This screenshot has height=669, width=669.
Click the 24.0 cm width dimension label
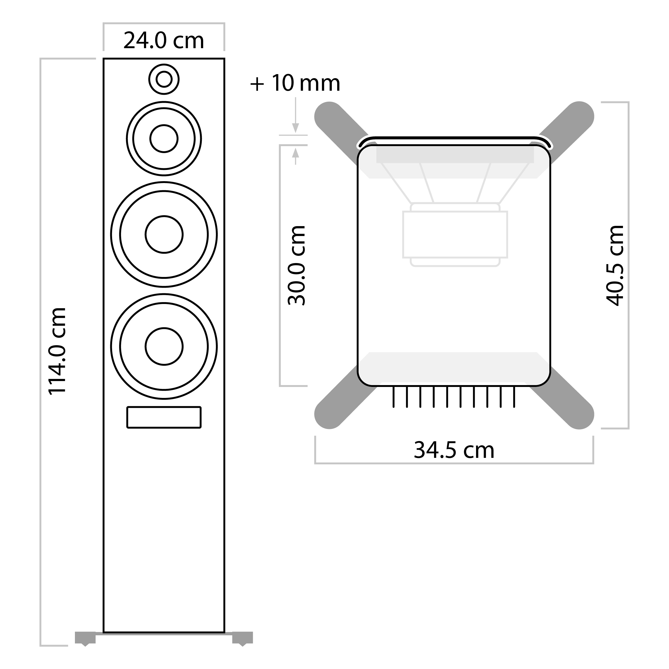tap(164, 41)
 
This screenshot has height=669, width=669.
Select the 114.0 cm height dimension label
tap(57, 351)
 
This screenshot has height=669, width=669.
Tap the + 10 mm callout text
tap(295, 83)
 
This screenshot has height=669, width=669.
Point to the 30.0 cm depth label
tap(297, 265)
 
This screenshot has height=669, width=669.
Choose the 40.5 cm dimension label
tap(615, 265)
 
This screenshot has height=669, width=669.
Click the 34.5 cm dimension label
tap(454, 450)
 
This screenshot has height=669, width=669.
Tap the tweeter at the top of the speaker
tap(164, 79)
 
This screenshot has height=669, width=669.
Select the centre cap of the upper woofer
tap(164, 234)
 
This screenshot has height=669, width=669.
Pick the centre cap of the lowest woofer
tap(164, 346)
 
